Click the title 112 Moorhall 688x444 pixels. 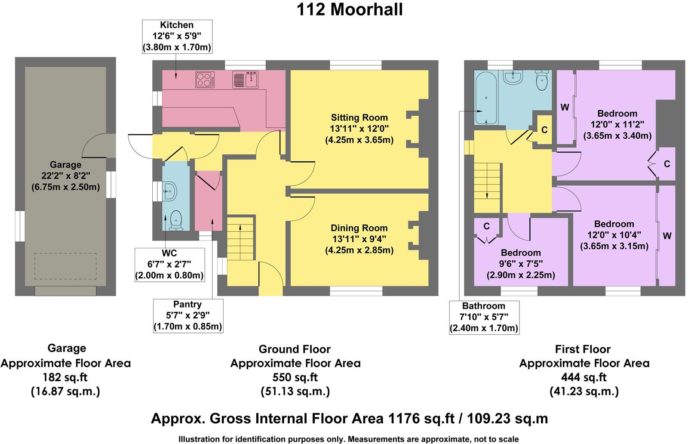click(349, 9)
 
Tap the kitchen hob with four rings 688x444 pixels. click(205, 80)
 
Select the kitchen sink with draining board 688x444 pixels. click(245, 80)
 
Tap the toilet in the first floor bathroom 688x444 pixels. click(542, 80)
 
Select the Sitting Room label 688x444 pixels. click(359, 117)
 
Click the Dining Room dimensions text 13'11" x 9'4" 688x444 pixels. click(359, 239)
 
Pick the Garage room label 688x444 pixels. click(65, 164)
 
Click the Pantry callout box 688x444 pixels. click(187, 316)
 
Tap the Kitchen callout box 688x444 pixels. click(177, 36)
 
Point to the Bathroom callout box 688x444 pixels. click(484, 317)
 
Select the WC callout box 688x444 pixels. click(169, 264)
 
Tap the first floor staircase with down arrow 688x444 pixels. click(487, 181)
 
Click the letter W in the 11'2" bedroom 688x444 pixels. click(565, 108)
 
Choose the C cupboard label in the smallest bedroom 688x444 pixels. click(486, 226)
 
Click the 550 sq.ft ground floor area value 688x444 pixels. click(295, 377)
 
